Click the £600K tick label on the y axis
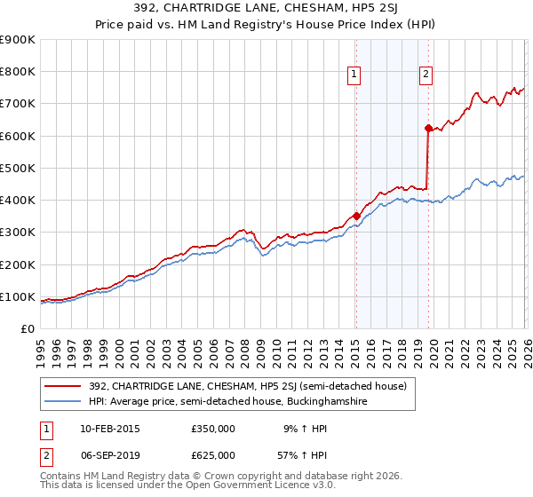coord(17,136)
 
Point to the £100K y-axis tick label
coord(17,296)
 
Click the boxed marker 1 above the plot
coord(354,75)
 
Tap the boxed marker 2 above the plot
coord(426,75)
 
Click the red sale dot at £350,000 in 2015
coord(355,216)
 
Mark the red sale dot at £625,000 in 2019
coord(427,128)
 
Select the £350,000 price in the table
coord(213,428)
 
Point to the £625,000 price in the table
coord(213,454)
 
